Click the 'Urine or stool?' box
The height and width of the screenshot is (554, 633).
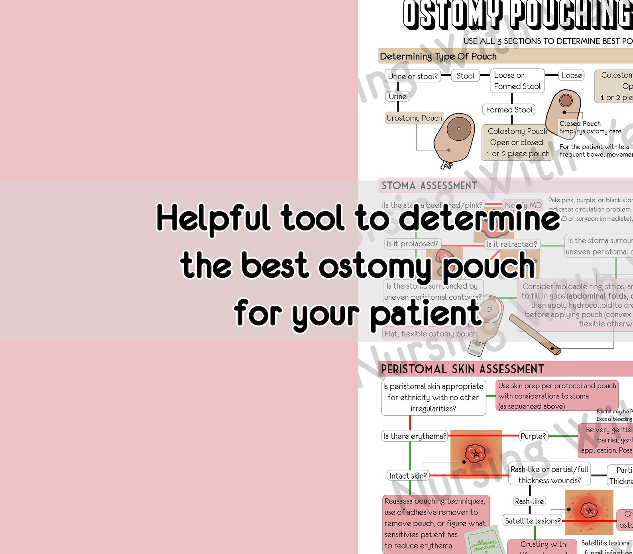[413, 76]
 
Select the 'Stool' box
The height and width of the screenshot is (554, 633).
[465, 76]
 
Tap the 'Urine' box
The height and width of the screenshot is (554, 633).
[397, 96]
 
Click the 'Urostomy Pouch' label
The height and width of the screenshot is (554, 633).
[414, 118]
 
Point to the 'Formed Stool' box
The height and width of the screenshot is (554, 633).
[509, 110]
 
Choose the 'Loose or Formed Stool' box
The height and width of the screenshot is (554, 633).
[517, 81]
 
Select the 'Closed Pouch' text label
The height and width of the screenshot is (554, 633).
[580, 124]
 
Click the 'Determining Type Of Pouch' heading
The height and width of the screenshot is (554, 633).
[438, 57]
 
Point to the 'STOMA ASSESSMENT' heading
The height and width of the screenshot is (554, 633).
[429, 186]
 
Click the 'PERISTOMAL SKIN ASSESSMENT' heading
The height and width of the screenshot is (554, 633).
[462, 369]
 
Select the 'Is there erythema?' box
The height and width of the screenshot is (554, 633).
[415, 436]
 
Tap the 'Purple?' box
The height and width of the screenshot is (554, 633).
[533, 436]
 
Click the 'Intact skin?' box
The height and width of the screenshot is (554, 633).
[408, 475]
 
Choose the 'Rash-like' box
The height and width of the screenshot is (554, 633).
[529, 501]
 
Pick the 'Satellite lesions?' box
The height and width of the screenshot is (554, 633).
[533, 521]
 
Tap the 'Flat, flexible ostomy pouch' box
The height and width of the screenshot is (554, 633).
[430, 334]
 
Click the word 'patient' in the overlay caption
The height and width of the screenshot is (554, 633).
[426, 314]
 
